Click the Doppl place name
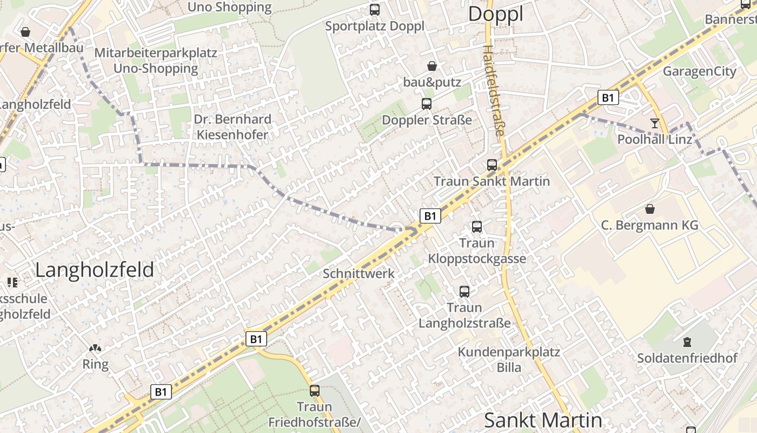pos(495,15)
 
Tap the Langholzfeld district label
pos(95,270)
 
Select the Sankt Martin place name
pos(542,420)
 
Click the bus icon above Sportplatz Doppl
pos(374,9)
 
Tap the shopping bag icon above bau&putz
pos(432,66)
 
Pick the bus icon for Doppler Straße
pos(427,103)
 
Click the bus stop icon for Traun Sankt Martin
pos(492,165)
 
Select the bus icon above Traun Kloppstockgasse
pos(477,226)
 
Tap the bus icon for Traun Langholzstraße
pos(464,291)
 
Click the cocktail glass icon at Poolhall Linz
pos(655,123)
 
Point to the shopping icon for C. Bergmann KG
pos(649,208)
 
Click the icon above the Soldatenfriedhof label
pos(687,342)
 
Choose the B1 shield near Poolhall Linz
pos(608,97)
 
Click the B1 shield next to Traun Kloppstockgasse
pos(430,216)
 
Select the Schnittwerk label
pos(358,273)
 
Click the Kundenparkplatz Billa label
pos(509,359)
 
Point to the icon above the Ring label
pos(95,348)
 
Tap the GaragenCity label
pos(699,71)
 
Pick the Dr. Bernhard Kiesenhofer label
pos(232,127)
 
